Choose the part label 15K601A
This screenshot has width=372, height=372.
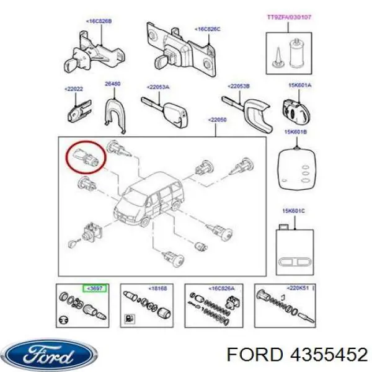[299, 86]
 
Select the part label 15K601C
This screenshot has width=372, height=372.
[294, 211]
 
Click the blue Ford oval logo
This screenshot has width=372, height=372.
[50, 355]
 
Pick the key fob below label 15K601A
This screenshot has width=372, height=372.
[294, 108]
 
